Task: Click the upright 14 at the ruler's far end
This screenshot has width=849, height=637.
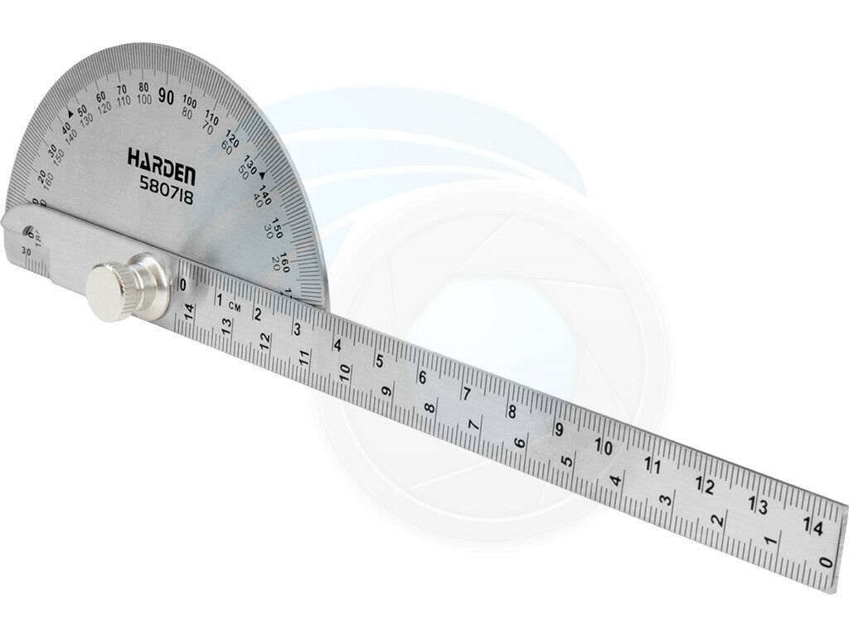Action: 813,526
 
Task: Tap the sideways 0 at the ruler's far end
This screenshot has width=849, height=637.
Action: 823,562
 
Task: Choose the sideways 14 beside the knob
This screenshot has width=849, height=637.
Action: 189,311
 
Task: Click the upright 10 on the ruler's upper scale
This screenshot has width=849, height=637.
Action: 604,447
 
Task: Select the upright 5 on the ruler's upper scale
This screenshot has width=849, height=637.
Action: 379,361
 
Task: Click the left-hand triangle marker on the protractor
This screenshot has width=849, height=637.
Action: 70,116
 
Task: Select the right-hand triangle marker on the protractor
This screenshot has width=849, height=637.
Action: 263,175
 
